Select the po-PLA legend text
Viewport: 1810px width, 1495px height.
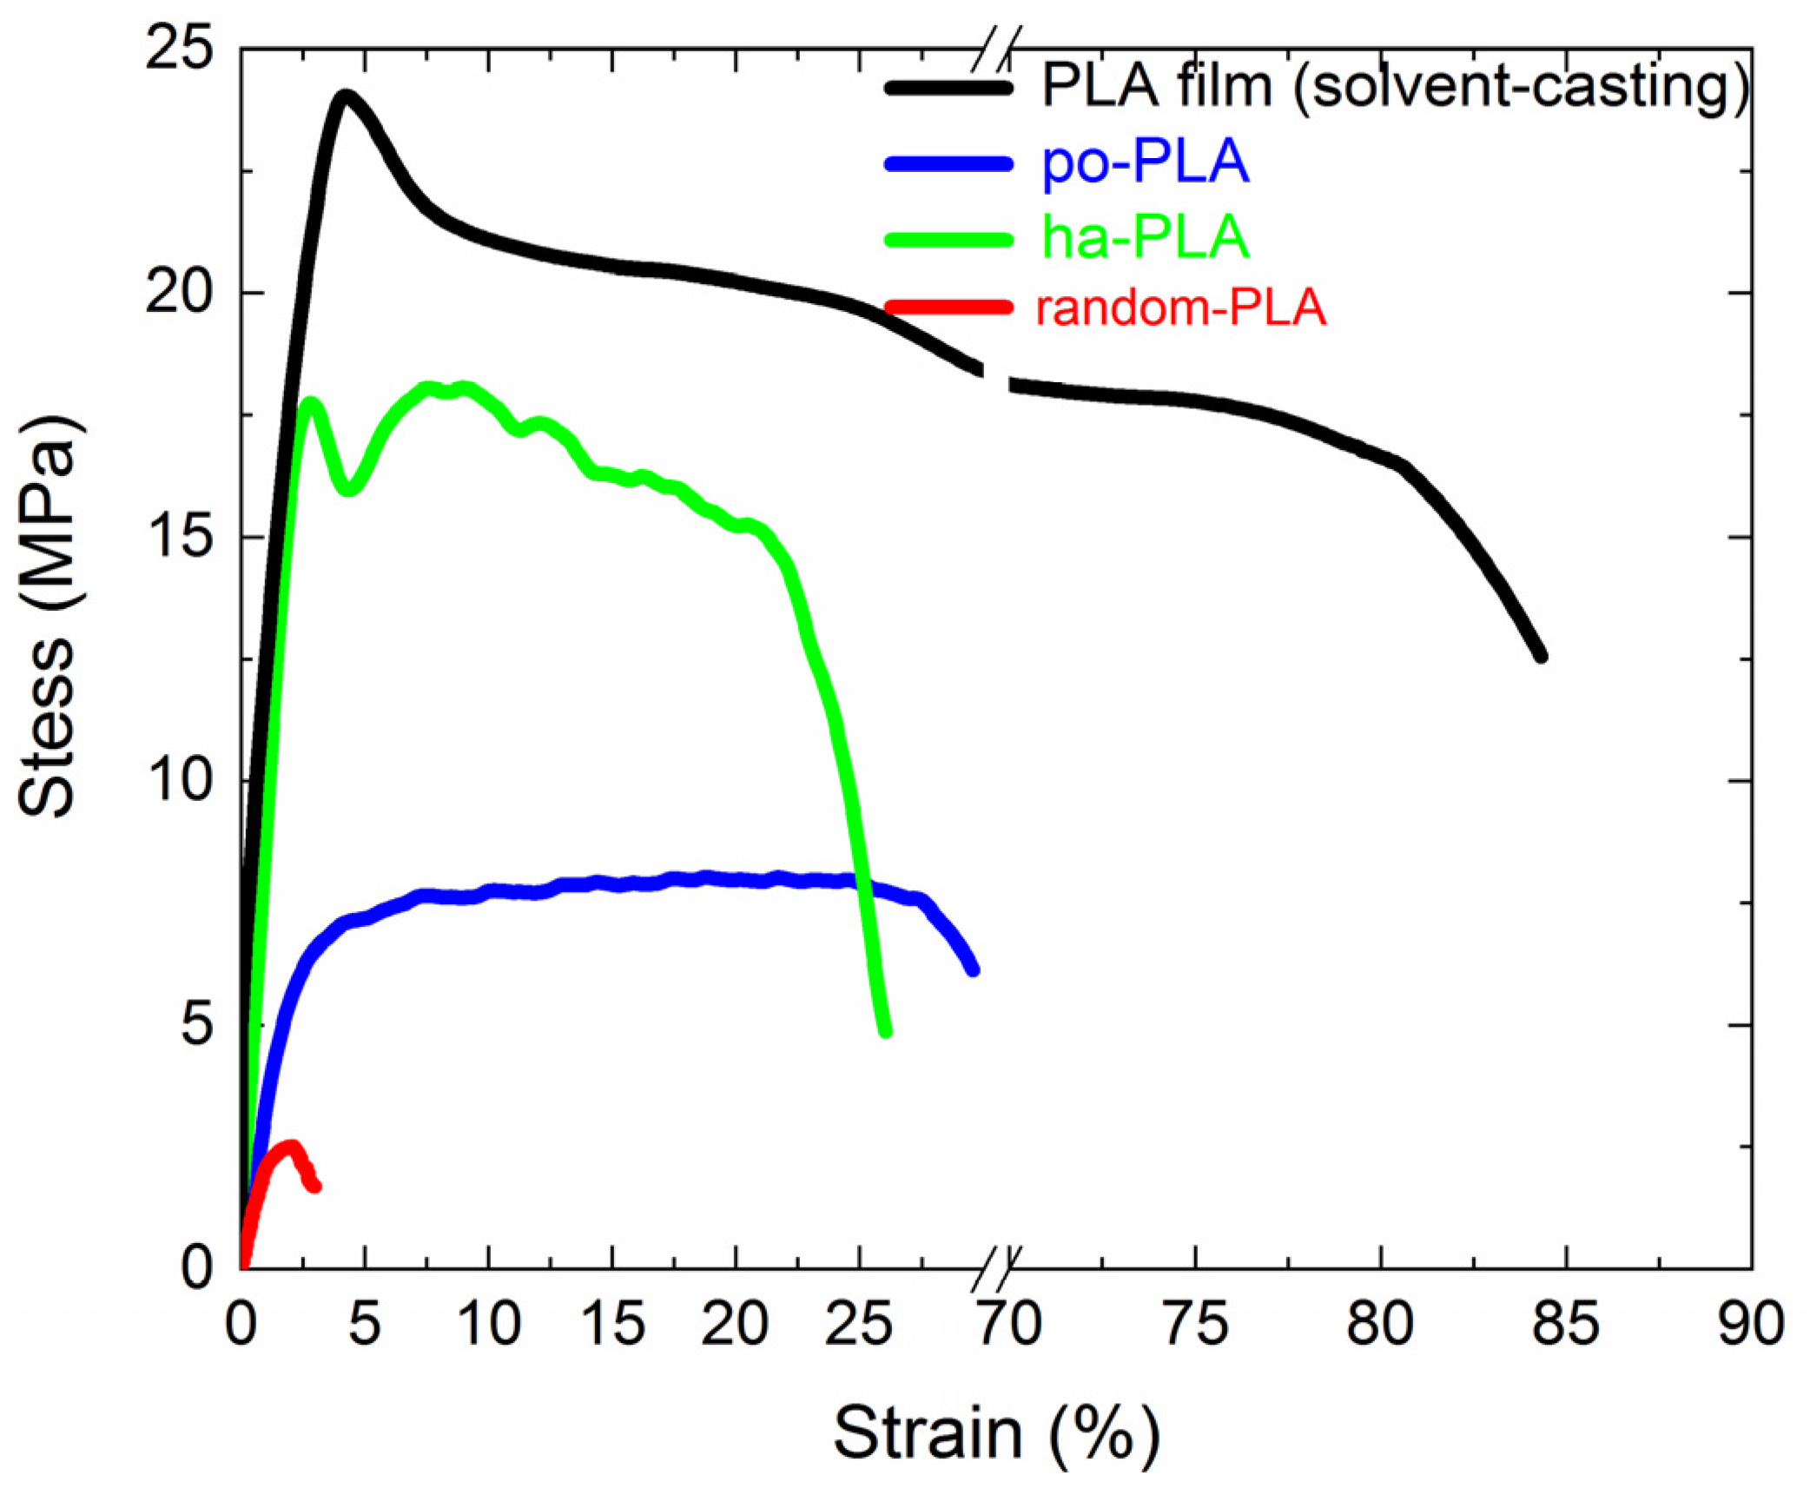click(x=1145, y=162)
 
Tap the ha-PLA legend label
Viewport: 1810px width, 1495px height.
click(x=1145, y=237)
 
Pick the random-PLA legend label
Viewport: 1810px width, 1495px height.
click(x=1181, y=308)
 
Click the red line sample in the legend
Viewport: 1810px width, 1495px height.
click(x=948, y=307)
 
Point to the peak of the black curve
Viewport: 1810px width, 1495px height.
click(x=346, y=96)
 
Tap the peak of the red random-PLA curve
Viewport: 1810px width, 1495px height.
click(x=291, y=1148)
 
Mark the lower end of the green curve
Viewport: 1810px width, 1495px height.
click(x=886, y=1031)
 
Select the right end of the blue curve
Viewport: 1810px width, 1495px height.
click(x=974, y=969)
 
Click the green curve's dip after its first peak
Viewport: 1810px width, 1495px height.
click(x=348, y=489)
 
